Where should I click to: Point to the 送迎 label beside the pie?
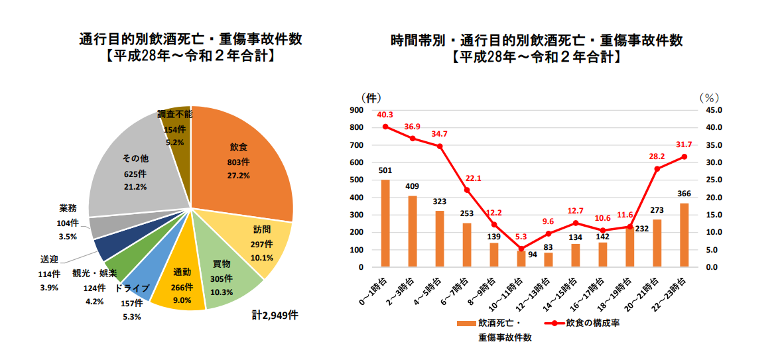(x=50, y=259)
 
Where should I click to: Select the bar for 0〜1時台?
(x=385, y=223)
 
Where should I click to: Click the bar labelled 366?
(x=684, y=235)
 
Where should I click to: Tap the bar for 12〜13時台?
(x=549, y=260)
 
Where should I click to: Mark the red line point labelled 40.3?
(x=385, y=127)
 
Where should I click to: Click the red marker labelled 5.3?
(x=521, y=249)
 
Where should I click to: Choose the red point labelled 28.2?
(x=657, y=168)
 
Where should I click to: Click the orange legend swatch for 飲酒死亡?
(x=466, y=324)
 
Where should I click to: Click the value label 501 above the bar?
(x=385, y=170)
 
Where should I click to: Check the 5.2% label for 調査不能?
(x=174, y=142)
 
